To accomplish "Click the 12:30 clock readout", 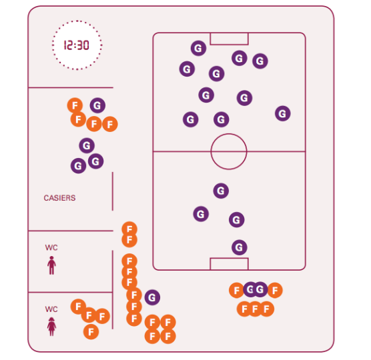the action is pos(77,45).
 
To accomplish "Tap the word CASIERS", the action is pos(59,198).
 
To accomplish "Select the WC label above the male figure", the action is pos(51,247).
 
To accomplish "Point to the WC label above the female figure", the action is pos(51,309).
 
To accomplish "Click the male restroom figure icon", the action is pos(51,265).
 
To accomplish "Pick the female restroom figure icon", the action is pos(51,327).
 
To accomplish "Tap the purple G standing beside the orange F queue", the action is pos(152,297).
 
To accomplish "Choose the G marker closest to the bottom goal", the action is pos(240,247).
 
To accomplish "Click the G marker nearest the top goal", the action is pos(199,48).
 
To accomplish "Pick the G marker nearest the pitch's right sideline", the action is pos(283,113).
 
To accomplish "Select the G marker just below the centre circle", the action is pos(221,191).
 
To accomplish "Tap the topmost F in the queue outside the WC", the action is pos(129,229).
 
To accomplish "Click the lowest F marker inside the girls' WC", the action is pos(91,332).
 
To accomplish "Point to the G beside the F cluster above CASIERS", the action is pos(97,105).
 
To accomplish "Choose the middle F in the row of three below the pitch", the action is pos(256,309).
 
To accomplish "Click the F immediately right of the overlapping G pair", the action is pos(275,290).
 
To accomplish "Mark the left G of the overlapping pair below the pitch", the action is pos(250,289).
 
